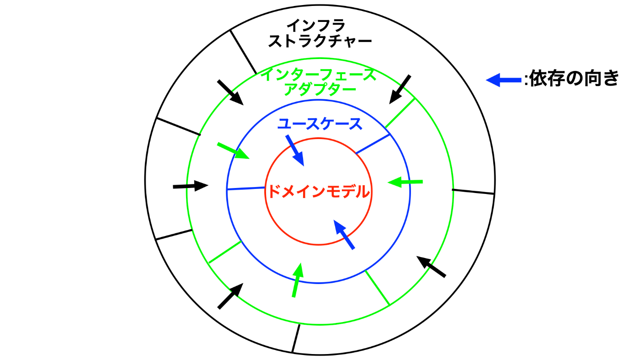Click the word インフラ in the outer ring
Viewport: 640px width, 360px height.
click(x=319, y=26)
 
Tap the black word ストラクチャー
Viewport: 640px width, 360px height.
click(x=319, y=42)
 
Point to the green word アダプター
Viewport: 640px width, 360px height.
click(x=320, y=89)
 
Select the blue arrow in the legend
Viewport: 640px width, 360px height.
click(x=503, y=81)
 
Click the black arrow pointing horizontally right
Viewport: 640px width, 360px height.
click(x=190, y=186)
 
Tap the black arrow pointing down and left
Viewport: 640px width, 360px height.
click(x=400, y=89)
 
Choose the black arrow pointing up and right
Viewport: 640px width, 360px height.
click(x=230, y=296)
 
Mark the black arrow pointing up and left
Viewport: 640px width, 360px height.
click(x=431, y=267)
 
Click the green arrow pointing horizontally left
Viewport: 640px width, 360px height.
click(x=405, y=182)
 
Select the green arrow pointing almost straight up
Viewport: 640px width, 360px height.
click(x=297, y=279)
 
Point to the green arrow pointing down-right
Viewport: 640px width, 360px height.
click(x=233, y=151)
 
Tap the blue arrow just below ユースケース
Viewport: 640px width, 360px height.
click(x=295, y=150)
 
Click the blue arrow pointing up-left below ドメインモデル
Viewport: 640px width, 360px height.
click(x=344, y=235)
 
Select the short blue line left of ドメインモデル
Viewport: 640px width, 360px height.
click(x=246, y=188)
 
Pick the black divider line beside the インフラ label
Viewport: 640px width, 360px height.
click(x=242, y=50)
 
